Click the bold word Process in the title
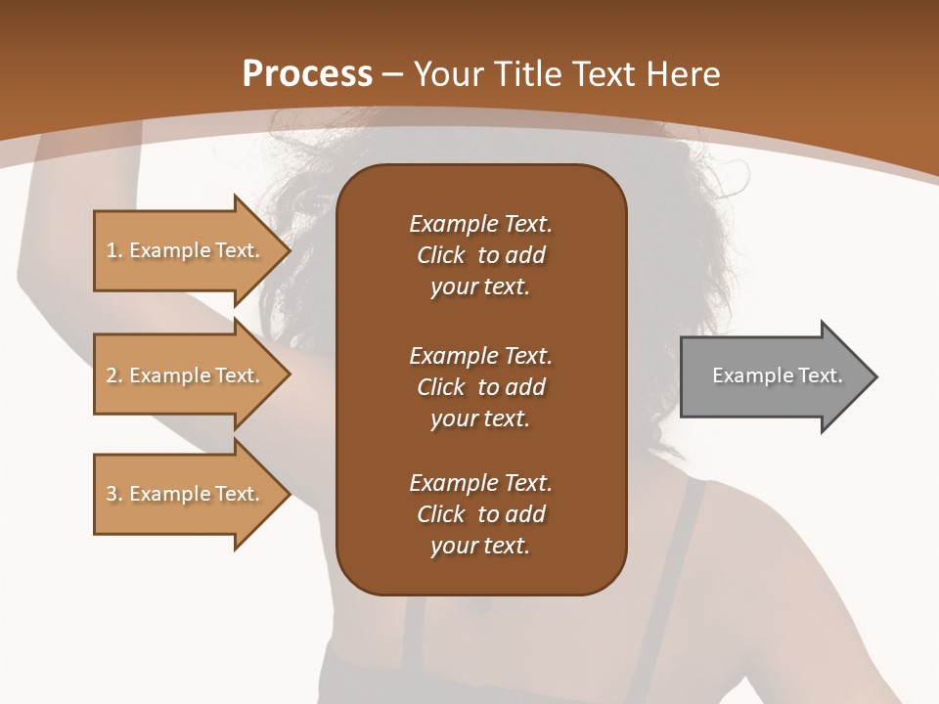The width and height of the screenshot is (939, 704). click(307, 73)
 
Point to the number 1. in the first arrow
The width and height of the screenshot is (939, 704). click(114, 250)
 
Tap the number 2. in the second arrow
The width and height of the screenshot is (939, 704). click(114, 375)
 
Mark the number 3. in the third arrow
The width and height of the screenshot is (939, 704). click(114, 494)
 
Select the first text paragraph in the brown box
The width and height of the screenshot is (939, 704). click(480, 255)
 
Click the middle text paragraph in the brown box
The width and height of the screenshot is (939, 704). click(480, 387)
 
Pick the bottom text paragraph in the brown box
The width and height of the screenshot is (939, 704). click(480, 514)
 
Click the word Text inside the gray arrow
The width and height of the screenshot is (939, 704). click(820, 375)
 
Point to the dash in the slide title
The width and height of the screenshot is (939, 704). click(393, 74)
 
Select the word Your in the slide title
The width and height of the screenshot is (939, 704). click(449, 73)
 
